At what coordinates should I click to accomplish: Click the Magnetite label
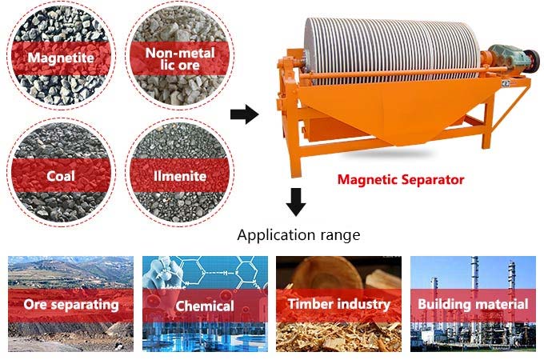coord(61,58)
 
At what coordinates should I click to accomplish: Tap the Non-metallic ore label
coord(180,59)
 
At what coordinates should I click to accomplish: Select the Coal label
coord(61,176)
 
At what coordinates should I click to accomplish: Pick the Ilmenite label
coord(180,176)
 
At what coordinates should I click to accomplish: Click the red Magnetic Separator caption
coord(401,180)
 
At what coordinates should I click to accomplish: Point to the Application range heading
coord(298,235)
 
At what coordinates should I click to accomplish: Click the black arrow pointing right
coord(245,114)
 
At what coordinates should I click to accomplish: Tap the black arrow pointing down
coord(296,202)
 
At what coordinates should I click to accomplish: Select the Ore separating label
coord(71,305)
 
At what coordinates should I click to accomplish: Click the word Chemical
coord(205,306)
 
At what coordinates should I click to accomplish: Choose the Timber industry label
coord(339,304)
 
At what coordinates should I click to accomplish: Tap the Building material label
coord(473,304)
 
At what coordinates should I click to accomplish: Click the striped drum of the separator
coord(392,50)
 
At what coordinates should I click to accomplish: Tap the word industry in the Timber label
coord(364,305)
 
